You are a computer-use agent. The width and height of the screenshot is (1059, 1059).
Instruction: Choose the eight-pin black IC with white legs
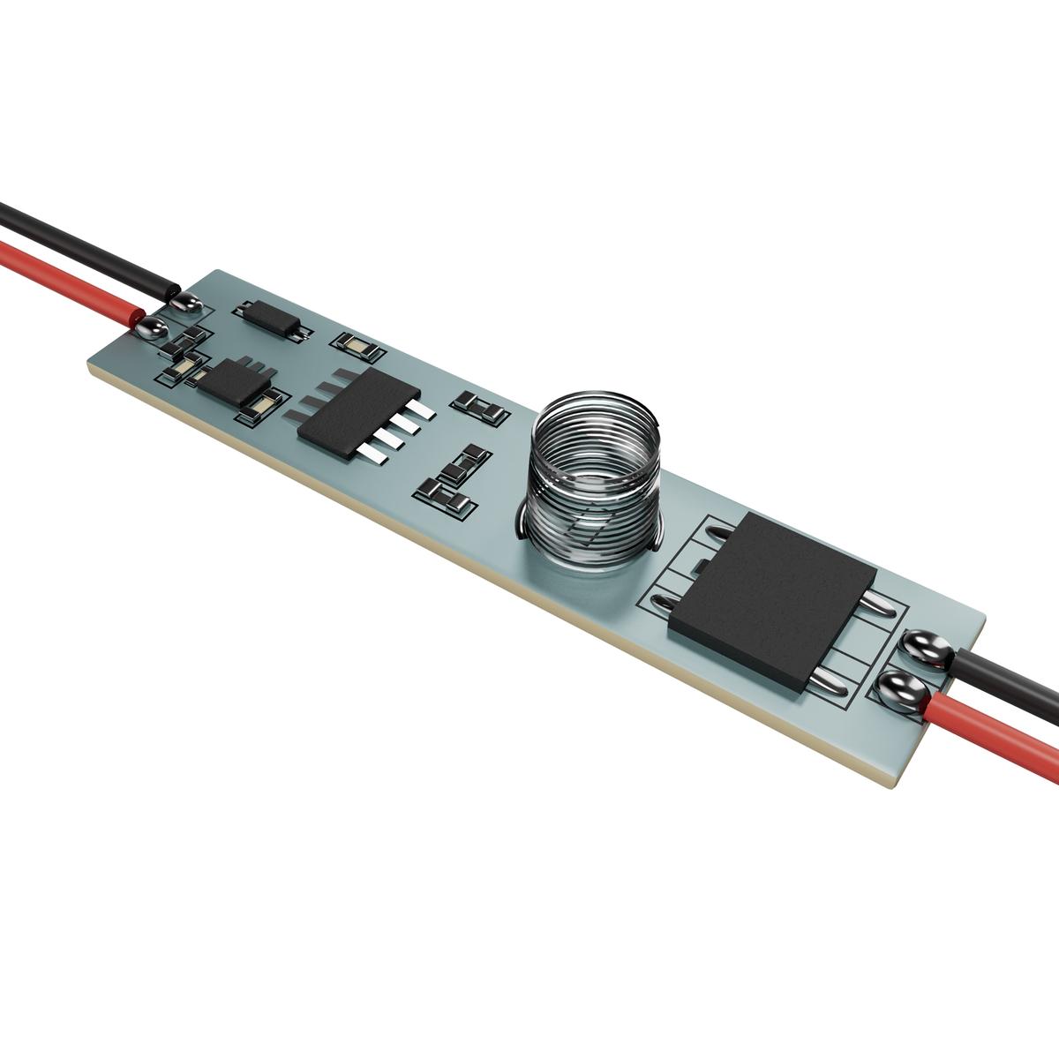coord(357,410)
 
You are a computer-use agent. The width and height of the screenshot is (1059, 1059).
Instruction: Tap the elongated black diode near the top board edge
coord(273,318)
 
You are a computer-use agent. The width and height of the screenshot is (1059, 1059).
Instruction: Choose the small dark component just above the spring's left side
coord(481,407)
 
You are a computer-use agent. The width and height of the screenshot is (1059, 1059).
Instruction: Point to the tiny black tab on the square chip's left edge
coord(697,565)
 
